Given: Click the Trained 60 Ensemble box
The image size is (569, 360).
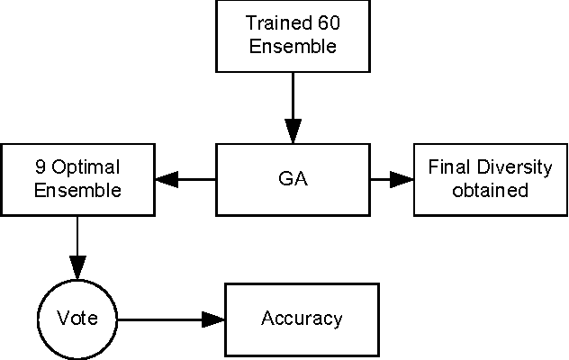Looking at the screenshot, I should [293, 36].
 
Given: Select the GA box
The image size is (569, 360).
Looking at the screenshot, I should [293, 179].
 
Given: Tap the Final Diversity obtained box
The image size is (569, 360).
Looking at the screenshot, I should [491, 179].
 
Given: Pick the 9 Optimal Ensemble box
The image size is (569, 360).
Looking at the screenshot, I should [77, 179].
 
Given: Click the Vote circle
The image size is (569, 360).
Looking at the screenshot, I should [77, 319].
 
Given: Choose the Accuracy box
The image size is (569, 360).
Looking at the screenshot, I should [302, 319].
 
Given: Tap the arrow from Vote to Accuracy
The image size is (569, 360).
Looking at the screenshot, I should [171, 319].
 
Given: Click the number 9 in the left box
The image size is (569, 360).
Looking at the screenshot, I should [40, 168].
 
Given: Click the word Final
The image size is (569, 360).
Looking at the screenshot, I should [447, 168].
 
